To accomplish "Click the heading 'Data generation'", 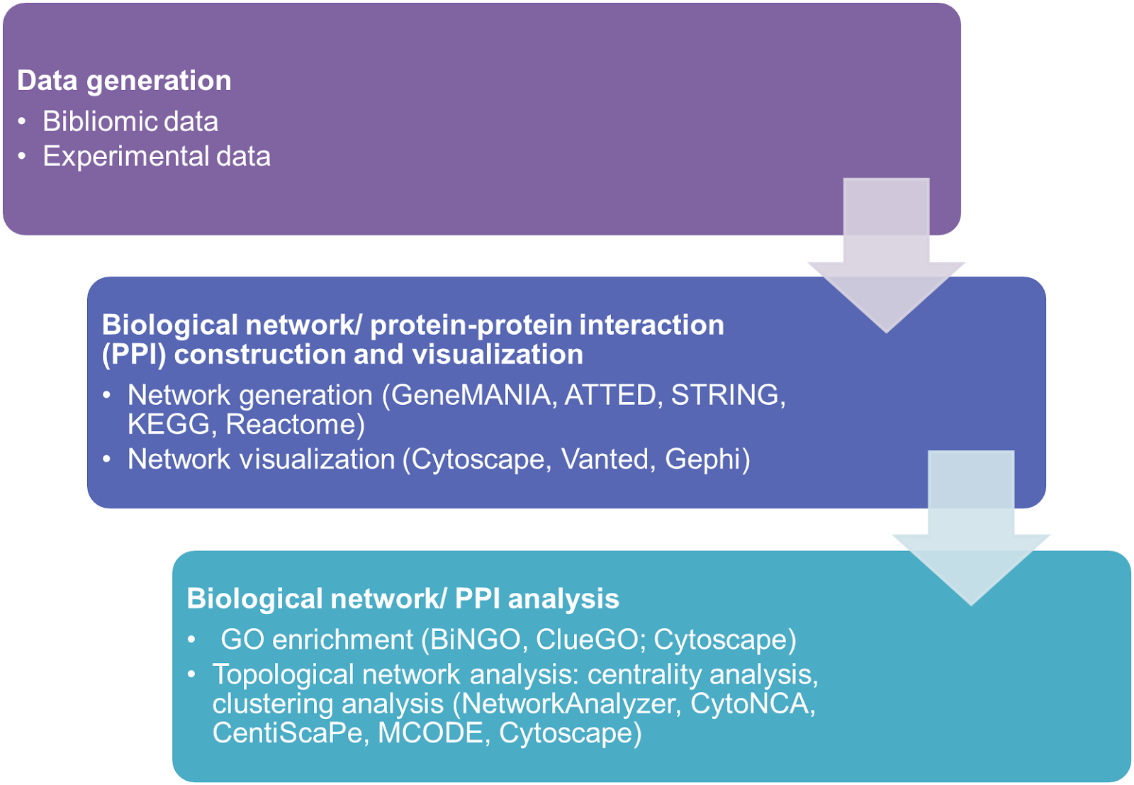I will click(124, 81).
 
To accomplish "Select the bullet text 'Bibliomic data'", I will click(130, 121).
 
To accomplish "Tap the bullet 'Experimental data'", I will click(157, 156).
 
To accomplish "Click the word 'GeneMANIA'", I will click(471, 395).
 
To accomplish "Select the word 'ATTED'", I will click(610, 395).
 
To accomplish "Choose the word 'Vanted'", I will click(605, 460).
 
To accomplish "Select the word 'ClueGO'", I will click(587, 640).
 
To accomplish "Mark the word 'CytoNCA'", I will click(750, 703).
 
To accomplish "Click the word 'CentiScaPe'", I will click(287, 733).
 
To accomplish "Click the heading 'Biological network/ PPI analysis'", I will click(403, 599).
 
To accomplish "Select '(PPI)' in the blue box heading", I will click(134, 355).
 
